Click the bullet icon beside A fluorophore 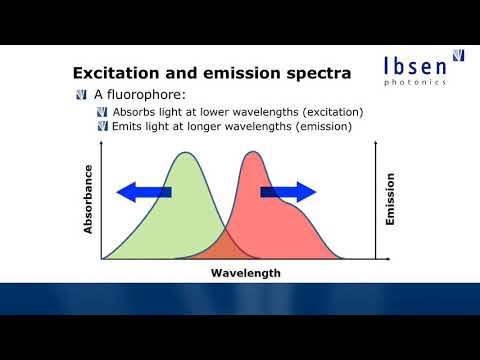coord(81,95)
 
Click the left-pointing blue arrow coord(143,193)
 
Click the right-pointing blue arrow coord(289,193)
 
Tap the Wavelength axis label coord(245,272)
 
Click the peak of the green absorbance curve coord(185,154)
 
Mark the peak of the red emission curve coord(251,154)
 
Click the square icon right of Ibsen coord(459,59)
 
